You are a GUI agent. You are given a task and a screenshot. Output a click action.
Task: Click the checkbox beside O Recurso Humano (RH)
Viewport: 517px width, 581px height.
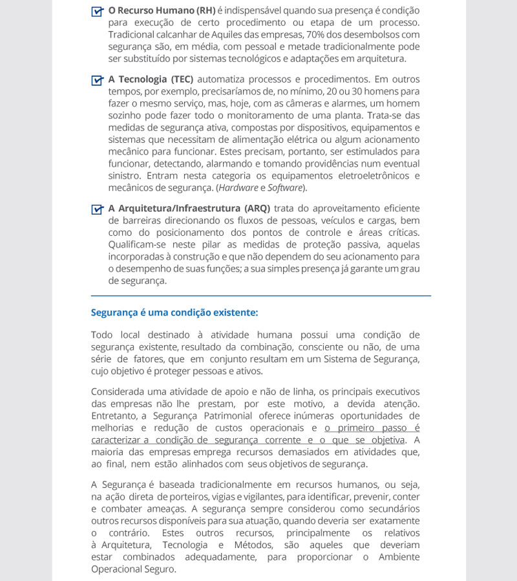pos(98,11)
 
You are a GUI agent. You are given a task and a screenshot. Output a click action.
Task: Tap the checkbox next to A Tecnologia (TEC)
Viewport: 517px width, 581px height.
pos(98,80)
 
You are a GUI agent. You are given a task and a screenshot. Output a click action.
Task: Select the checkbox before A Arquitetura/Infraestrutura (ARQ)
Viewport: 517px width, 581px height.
pos(98,209)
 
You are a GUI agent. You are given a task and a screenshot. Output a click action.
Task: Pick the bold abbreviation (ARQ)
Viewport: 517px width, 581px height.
pos(257,208)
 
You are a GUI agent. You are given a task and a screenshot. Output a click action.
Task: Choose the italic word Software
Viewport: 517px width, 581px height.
pos(285,188)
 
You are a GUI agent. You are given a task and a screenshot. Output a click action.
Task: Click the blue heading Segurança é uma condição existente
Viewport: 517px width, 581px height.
pos(174,313)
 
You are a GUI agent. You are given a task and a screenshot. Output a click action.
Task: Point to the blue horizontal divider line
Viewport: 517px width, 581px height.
pos(261,296)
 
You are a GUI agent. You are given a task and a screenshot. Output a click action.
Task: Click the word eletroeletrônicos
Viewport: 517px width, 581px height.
pos(366,176)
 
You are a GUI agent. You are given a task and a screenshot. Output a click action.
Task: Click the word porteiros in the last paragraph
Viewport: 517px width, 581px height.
pos(188,497)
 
